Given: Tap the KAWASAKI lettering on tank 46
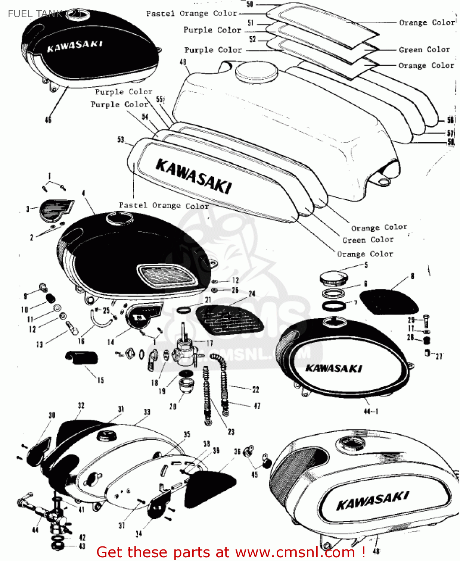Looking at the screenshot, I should (74, 46).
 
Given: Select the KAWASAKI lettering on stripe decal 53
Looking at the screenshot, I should (193, 176).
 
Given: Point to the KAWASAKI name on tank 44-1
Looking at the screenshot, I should (333, 368).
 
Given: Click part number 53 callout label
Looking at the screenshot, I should (121, 140).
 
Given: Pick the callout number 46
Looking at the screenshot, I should (48, 120).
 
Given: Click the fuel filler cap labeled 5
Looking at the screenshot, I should (333, 278).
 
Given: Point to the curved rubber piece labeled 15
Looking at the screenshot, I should (82, 357).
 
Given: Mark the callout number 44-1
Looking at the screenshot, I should (371, 411).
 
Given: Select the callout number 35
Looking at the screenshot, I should (187, 434).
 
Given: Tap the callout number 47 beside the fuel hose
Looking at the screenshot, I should (257, 406).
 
